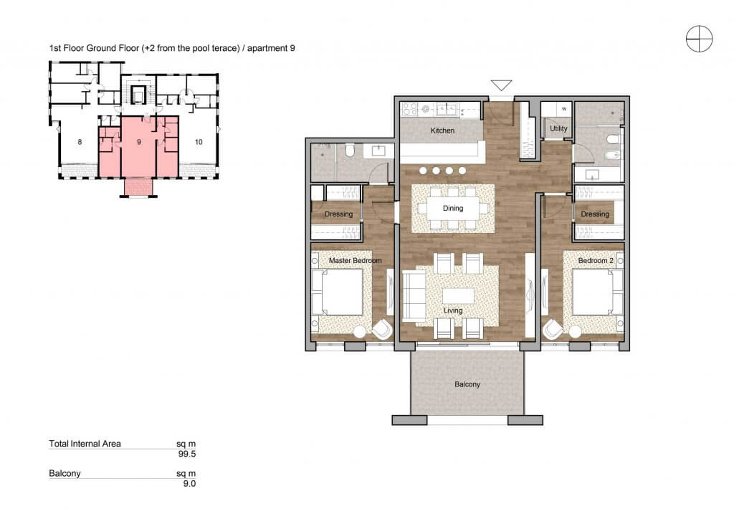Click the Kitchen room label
442,130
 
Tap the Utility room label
558,128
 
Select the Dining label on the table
453,209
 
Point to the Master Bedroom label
356,260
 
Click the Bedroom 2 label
596,260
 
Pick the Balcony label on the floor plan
467,384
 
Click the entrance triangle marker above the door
501,85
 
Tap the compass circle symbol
700,39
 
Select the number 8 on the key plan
80,142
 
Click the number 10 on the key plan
199,142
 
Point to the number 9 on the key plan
139,142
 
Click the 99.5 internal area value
187,454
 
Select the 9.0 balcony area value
189,484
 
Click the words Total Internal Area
85,444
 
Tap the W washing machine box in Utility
564,109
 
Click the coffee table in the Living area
458,296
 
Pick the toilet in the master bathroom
349,150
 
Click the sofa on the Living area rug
414,296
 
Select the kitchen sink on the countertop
447,110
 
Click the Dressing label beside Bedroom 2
595,214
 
